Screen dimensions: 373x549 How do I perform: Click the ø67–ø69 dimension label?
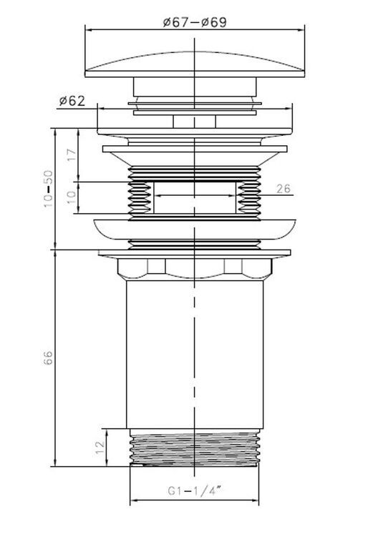coord(195,22)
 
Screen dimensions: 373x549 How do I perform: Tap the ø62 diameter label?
coord(72,102)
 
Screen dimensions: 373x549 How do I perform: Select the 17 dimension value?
coord(71,154)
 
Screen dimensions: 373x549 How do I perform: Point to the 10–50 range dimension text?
coord(48,189)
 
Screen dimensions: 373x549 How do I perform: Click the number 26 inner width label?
coord(284,189)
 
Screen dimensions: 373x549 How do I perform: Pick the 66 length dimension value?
coord(48,357)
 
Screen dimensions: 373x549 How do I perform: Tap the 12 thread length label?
coord(100,447)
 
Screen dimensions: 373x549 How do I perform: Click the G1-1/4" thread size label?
coord(195,490)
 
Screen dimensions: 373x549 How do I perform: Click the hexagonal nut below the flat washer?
coord(195,269)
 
